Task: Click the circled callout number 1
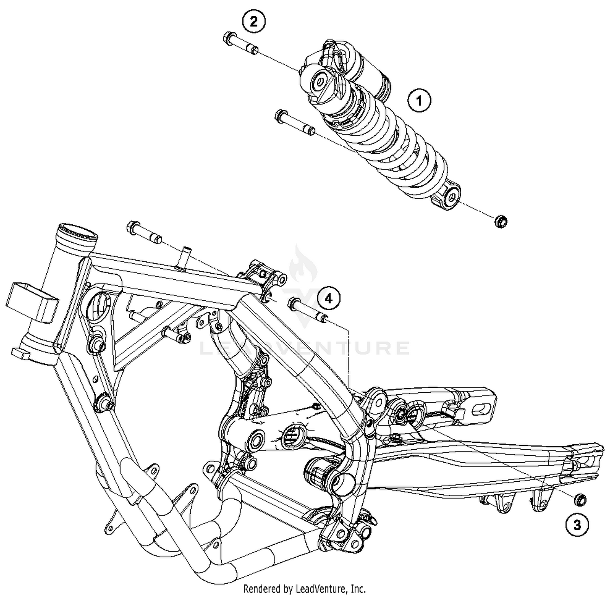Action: click(420, 100)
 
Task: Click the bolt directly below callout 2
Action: click(240, 44)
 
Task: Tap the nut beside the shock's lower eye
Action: click(501, 222)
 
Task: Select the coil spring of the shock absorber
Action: click(390, 142)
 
